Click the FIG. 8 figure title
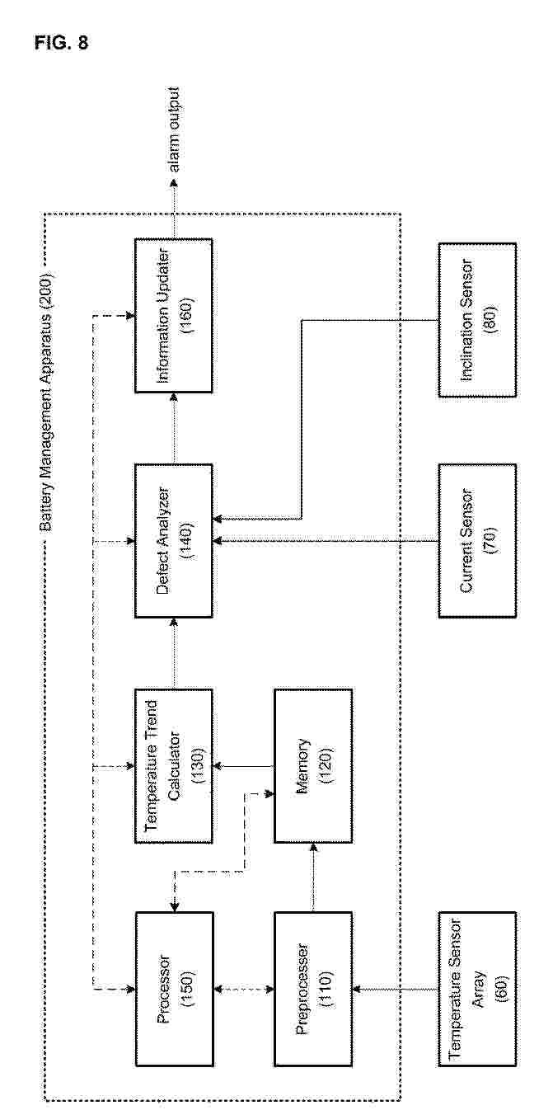point(61,43)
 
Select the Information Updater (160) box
point(174,316)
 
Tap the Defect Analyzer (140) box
point(174,541)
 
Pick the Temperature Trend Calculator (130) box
point(174,766)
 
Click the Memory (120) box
point(313,766)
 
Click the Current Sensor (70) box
point(477,541)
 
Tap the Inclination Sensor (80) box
point(477,320)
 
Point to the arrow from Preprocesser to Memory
point(313,877)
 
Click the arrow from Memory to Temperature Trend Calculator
point(243,766)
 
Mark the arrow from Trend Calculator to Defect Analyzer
point(174,653)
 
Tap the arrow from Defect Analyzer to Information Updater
point(174,428)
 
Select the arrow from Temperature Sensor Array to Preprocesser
point(395,989)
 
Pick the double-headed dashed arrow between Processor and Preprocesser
point(243,989)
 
